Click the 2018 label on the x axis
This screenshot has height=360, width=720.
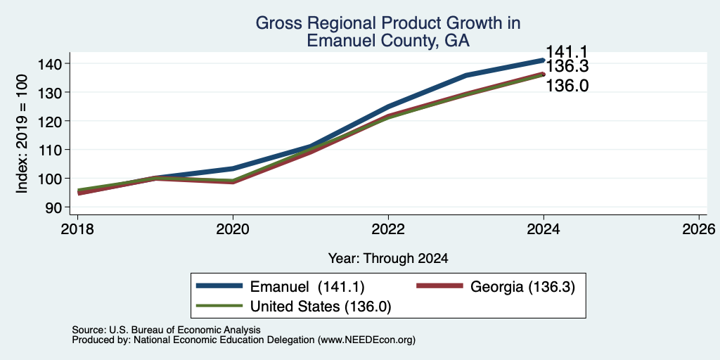tap(77, 229)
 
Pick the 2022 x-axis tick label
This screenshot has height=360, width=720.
tap(388, 229)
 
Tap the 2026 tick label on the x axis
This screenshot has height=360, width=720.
tap(699, 229)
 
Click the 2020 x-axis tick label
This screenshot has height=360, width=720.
tap(233, 229)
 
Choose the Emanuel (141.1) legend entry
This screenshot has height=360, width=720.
tap(307, 287)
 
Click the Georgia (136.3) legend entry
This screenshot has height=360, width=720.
tap(522, 287)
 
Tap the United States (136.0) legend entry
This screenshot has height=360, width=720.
tap(320, 307)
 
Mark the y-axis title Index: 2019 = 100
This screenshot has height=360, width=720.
tap(22, 134)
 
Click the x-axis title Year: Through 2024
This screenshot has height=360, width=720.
tap(388, 259)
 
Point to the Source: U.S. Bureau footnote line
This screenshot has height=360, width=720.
tap(166, 330)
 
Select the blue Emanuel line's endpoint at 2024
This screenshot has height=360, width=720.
tap(544, 60)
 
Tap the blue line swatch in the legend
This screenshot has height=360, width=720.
tap(219, 286)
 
